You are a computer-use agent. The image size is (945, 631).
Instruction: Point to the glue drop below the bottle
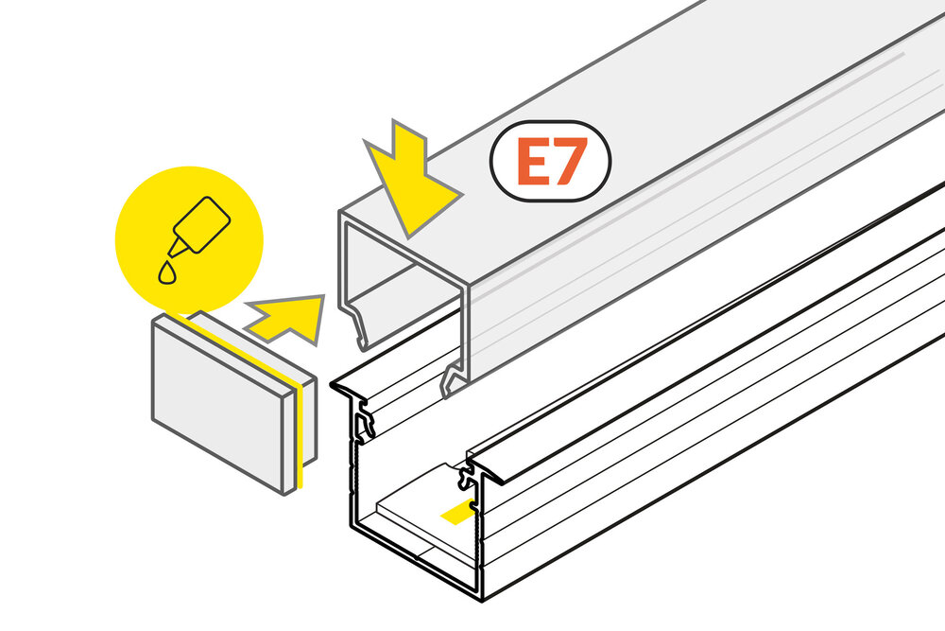166,272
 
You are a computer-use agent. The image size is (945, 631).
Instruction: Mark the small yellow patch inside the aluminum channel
456,513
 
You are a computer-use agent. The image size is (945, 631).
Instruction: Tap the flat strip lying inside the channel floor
416,516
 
